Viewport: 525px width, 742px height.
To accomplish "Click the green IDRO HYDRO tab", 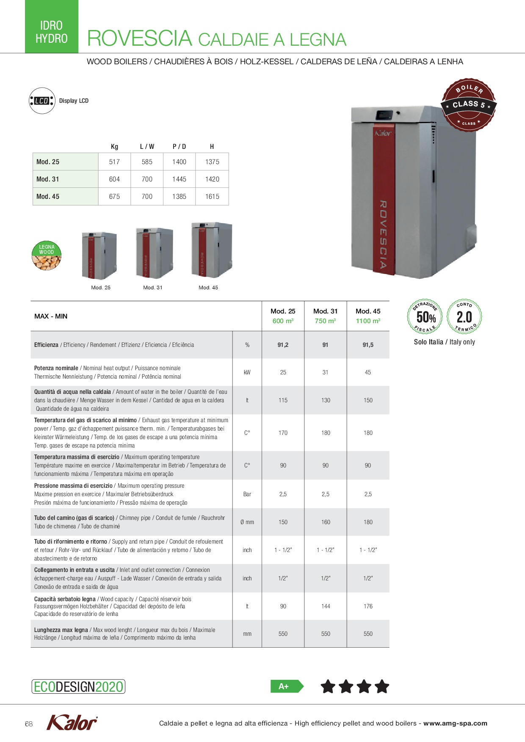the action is pos(52,27).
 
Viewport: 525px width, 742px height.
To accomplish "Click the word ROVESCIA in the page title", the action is pos(140,38).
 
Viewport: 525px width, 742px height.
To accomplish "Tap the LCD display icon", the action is pos(42,101).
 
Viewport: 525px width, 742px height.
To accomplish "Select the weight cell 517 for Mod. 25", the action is pos(114,162).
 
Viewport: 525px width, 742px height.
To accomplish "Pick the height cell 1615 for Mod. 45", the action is pos(212,197).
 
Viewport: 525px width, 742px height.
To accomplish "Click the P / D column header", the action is pos(179,147).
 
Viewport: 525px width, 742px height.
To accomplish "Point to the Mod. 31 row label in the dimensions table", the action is pos(48,179).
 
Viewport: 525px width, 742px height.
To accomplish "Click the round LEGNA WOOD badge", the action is pos(47,256).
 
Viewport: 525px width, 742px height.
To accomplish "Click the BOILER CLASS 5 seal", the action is pos(469,105).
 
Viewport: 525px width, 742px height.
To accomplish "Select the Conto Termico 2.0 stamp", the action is pos(464,316).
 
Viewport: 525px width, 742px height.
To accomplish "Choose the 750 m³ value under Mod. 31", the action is pos(325,321).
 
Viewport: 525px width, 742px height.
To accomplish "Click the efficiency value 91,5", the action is pos(368,345).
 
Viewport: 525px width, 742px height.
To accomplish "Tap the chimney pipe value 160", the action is pos(326,522).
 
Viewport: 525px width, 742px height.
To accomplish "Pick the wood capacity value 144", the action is pos(326,607).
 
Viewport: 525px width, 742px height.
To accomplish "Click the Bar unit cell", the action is pos(247,494).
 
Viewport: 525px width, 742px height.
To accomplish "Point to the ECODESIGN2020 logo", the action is pos(78,687).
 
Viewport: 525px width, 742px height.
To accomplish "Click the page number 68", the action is pos(29,724).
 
